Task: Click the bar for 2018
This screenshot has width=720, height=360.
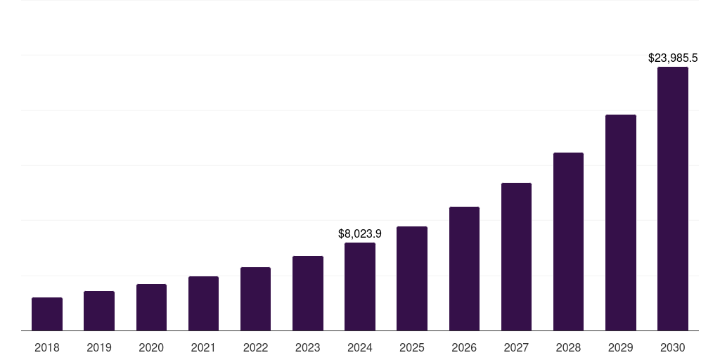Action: point(47,314)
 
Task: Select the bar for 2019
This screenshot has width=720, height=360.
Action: point(99,311)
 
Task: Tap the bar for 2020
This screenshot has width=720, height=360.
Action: point(151,307)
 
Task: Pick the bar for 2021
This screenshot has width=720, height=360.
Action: point(203,303)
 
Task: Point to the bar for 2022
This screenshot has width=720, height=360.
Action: point(255,299)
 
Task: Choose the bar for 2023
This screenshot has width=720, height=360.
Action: point(308,293)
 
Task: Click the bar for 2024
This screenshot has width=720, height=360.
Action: point(360,286)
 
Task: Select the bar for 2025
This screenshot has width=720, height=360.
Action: point(412,278)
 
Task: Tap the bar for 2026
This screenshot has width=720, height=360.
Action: point(464,269)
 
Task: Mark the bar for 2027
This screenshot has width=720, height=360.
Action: point(516,257)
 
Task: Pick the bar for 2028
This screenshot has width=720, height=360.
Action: point(568,241)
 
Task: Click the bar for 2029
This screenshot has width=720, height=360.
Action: point(621,222)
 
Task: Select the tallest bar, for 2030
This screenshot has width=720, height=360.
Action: point(673,198)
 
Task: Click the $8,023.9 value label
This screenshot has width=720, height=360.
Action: point(360,233)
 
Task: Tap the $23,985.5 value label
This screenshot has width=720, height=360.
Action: point(673,58)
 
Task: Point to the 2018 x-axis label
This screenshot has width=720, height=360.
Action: point(47,347)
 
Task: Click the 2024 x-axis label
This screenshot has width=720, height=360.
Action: point(360,347)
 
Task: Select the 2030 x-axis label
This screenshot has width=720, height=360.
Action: point(673,347)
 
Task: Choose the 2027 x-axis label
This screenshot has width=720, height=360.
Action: point(516,347)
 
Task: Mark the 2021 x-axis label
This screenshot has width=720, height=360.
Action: point(203,347)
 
